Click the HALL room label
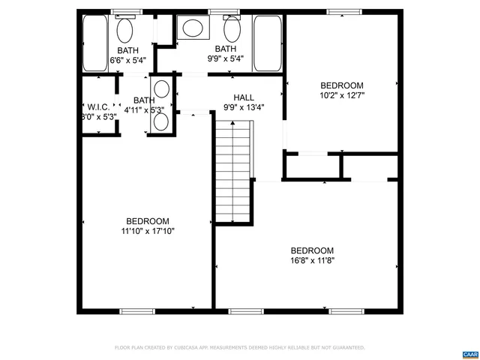click(244, 97)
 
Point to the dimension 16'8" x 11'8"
click(312, 261)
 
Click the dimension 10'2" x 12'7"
click(342, 95)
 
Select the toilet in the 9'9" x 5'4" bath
click(232, 31)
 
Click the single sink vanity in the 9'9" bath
click(193, 30)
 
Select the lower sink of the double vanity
click(161, 122)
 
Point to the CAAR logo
click(469, 352)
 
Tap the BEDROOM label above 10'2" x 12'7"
click(342, 85)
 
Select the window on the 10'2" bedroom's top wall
click(341, 11)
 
